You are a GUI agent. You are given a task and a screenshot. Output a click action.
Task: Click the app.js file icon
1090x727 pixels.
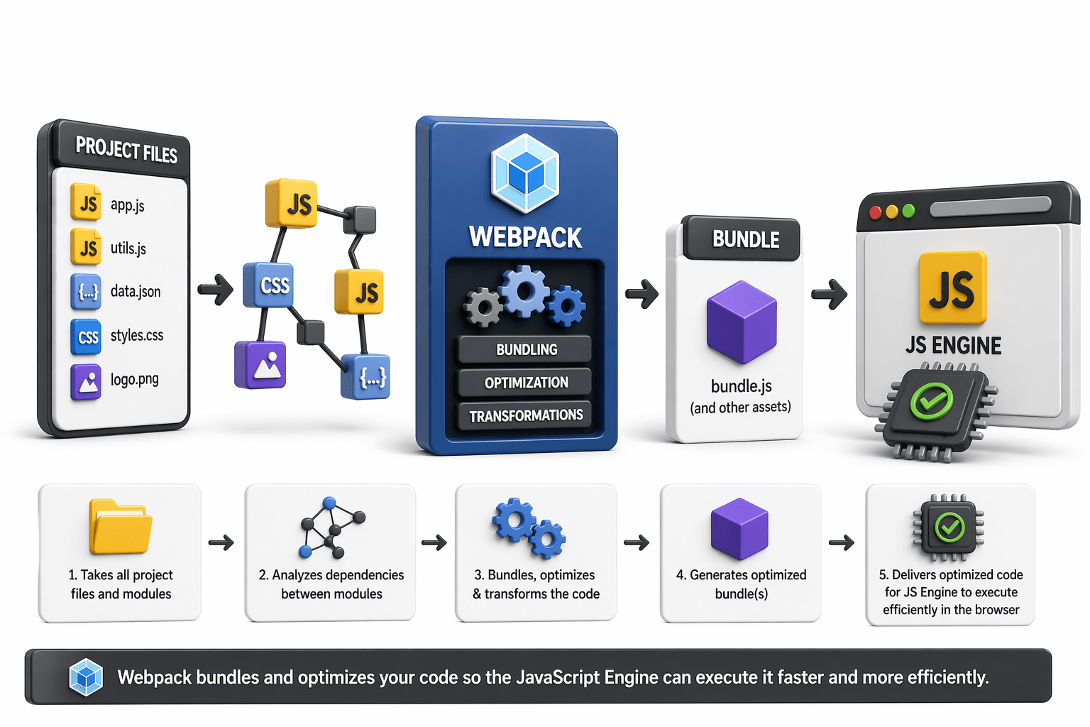[x=86, y=203]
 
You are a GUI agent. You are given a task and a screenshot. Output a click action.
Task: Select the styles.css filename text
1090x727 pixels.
[x=137, y=335]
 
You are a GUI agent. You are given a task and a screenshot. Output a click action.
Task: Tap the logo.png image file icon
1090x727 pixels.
[x=86, y=382]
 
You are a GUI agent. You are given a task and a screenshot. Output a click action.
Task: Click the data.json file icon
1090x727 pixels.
[x=86, y=291]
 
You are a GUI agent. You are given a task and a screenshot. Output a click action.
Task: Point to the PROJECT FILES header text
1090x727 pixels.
[x=126, y=150]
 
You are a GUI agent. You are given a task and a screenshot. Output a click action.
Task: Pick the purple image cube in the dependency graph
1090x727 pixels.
[x=260, y=365]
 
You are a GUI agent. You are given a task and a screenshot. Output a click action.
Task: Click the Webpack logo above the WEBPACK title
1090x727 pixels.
[x=525, y=173]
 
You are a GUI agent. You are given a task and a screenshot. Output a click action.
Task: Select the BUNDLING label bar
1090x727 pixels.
[x=525, y=349]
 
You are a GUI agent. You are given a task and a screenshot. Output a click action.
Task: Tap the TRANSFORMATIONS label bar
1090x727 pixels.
[x=525, y=415]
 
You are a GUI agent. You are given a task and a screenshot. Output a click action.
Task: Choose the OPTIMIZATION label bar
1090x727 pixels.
[x=525, y=383]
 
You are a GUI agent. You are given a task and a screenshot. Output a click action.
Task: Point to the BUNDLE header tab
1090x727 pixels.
[x=745, y=239]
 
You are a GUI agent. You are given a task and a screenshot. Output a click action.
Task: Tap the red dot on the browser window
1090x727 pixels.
[x=876, y=212]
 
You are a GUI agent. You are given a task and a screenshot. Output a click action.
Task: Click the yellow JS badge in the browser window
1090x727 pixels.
[x=952, y=288]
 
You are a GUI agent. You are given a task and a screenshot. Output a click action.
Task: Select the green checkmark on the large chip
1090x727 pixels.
[x=932, y=402]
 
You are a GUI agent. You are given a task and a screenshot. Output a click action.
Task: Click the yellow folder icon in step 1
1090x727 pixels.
[x=120, y=528]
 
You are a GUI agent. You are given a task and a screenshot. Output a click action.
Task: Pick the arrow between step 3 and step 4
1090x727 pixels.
[x=637, y=543]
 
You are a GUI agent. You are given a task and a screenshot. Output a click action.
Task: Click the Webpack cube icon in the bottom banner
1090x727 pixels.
[x=86, y=677]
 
